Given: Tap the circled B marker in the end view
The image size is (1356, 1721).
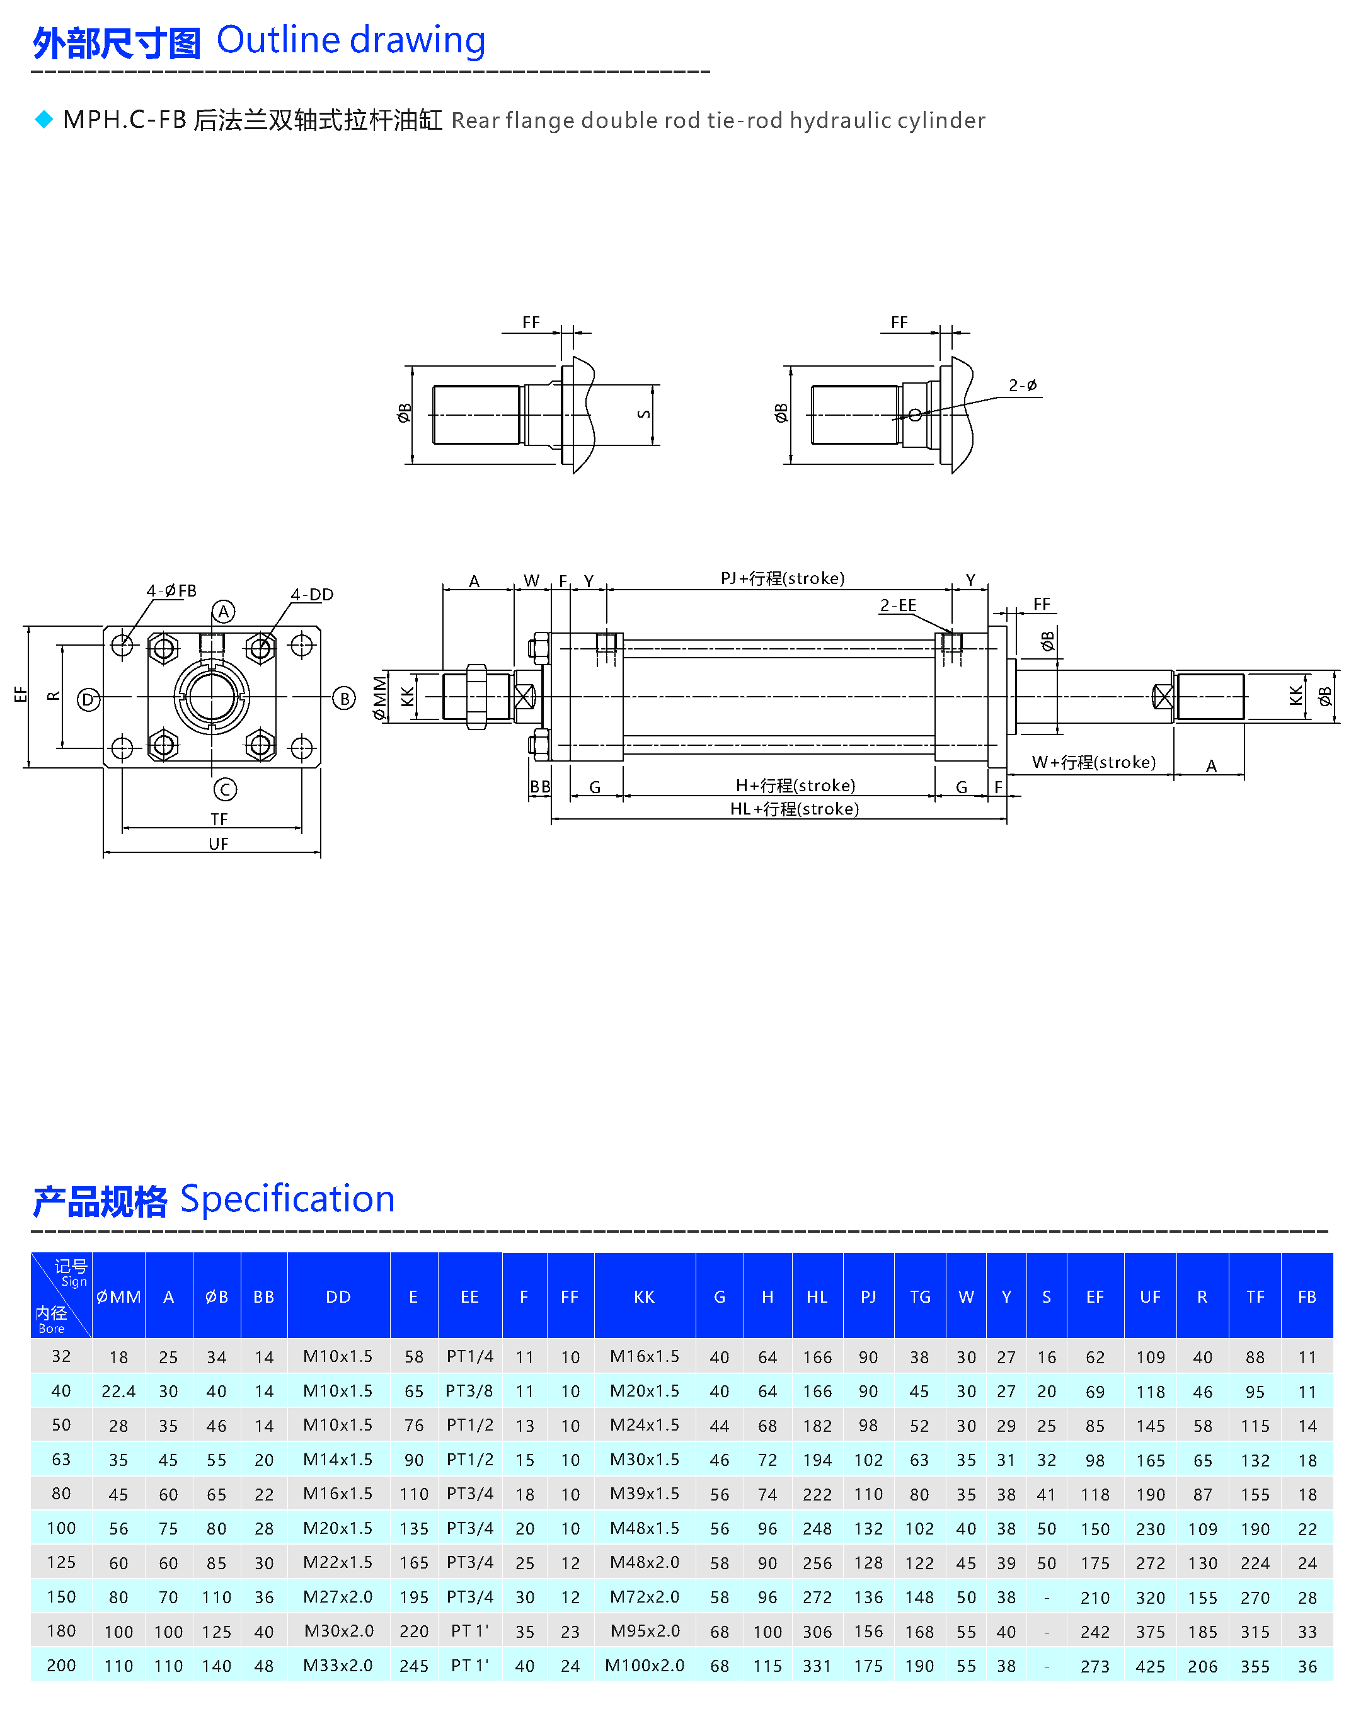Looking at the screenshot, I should tap(344, 699).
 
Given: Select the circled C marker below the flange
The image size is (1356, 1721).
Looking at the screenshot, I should tap(225, 790).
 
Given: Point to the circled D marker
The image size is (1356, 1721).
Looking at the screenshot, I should tap(88, 699).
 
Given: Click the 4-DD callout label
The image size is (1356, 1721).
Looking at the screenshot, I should tap(312, 595).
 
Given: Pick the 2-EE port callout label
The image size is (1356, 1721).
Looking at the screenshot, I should tap(898, 605).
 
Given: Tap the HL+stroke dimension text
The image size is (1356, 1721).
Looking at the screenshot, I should tap(794, 809).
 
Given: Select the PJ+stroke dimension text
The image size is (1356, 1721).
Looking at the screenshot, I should tap(782, 578).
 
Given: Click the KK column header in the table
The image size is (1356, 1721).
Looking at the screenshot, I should tap(644, 1297).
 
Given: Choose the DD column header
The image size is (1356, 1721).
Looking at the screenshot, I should tap(338, 1297).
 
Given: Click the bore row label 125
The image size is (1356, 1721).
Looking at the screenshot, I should tap(61, 1562).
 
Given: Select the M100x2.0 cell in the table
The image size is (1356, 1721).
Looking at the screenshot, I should tap(644, 1666).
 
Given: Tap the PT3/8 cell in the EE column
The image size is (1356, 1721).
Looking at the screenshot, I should tap(469, 1391).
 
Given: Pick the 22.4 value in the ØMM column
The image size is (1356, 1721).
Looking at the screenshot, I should tap(118, 1392).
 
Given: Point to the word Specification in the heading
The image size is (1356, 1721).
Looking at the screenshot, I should tap(287, 1199).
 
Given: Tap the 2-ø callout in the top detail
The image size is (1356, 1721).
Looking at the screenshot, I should tap(1023, 386).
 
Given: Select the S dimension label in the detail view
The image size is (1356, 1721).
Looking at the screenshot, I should tap(643, 415).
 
